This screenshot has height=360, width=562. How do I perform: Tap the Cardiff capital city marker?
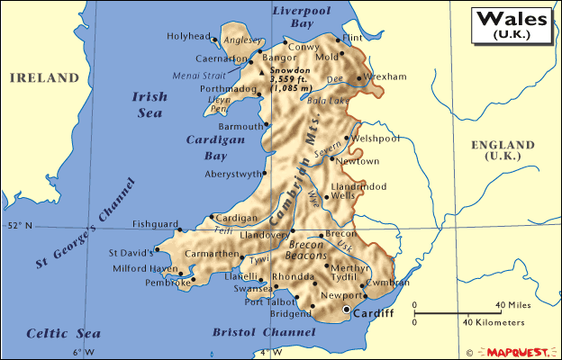(347, 310)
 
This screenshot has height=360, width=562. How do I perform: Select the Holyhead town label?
(186, 37)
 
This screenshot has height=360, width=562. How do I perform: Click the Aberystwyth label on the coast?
(233, 174)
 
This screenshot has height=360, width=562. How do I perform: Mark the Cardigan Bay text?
(210, 148)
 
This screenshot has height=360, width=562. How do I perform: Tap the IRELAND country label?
(44, 78)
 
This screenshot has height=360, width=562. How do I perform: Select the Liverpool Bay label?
(300, 17)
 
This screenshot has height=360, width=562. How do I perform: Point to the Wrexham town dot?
(359, 77)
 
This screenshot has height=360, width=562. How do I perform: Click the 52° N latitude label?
(20, 226)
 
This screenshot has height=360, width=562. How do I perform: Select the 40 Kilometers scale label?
(494, 322)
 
